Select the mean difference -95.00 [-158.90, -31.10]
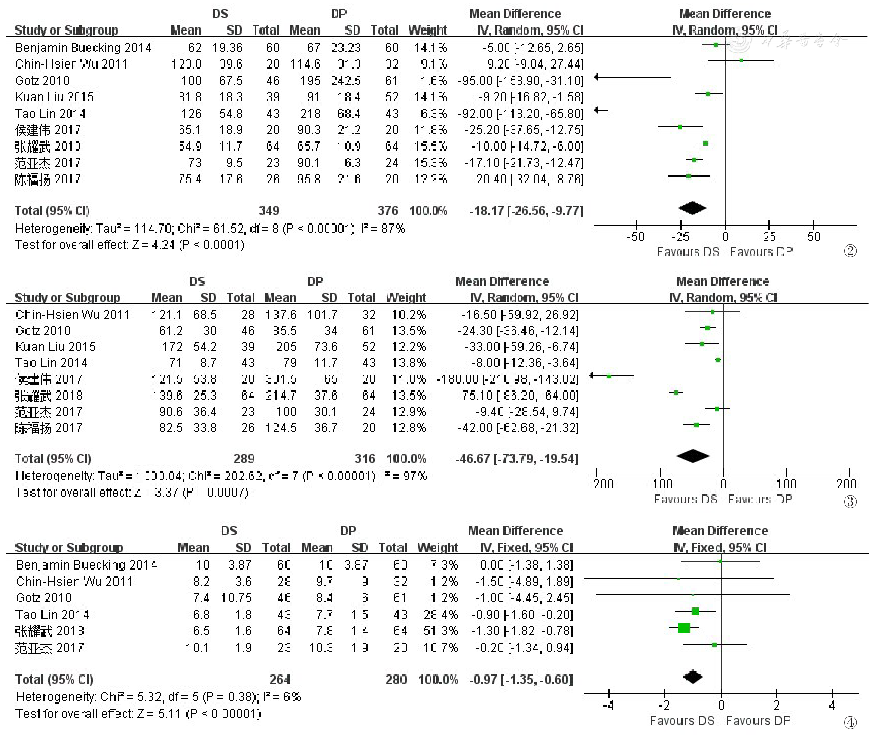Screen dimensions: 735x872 click(x=520, y=81)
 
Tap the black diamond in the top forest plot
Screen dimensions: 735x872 click(x=692, y=208)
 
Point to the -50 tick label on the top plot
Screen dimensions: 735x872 click(x=635, y=237)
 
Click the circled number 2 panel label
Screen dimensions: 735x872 click(x=850, y=251)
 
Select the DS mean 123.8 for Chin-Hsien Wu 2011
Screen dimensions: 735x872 click(x=186, y=64)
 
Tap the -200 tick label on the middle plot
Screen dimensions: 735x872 click(x=601, y=484)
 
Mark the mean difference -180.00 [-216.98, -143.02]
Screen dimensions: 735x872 click(x=507, y=379)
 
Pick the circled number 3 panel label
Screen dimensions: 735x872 click(x=850, y=501)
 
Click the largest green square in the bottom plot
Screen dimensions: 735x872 click(x=684, y=628)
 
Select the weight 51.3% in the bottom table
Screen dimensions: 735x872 click(x=441, y=631)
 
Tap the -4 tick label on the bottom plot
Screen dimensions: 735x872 click(x=608, y=705)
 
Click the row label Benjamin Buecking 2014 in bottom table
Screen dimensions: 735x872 click(x=86, y=565)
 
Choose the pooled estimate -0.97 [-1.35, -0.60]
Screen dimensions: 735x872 click(x=521, y=679)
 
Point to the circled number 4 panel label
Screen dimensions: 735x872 click(x=850, y=723)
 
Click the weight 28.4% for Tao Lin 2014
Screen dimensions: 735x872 click(x=441, y=615)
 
